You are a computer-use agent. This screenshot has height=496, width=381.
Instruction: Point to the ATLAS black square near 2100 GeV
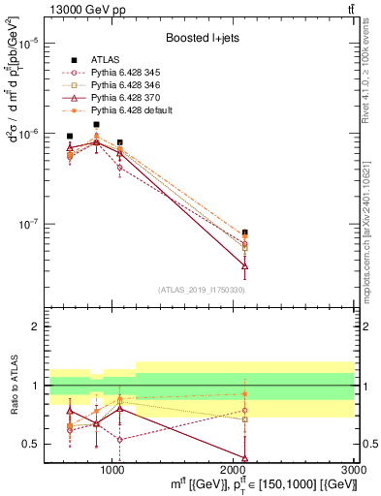[244, 232]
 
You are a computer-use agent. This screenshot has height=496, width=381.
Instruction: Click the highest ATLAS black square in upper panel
[96, 125]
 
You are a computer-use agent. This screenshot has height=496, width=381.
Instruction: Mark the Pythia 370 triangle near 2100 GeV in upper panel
[244, 265]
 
